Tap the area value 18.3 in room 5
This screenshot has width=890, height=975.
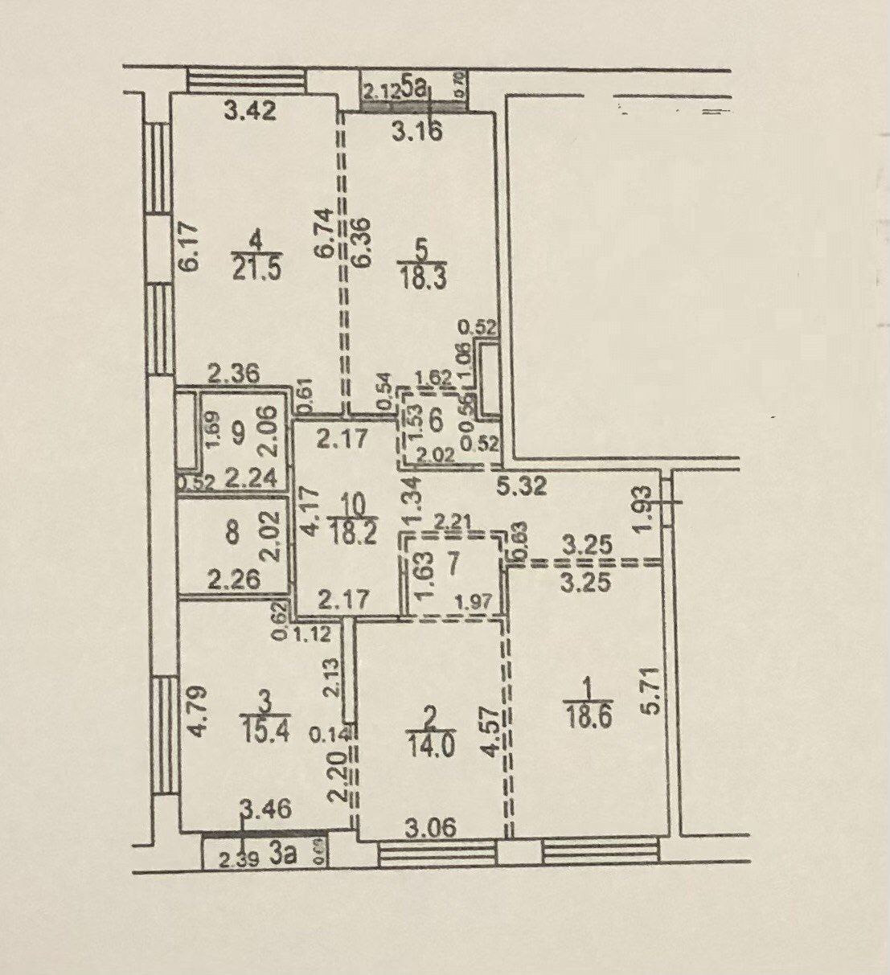421,277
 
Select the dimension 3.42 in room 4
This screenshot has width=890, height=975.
250,110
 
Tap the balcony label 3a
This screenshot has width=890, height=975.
284,857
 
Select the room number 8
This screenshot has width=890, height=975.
232,534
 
